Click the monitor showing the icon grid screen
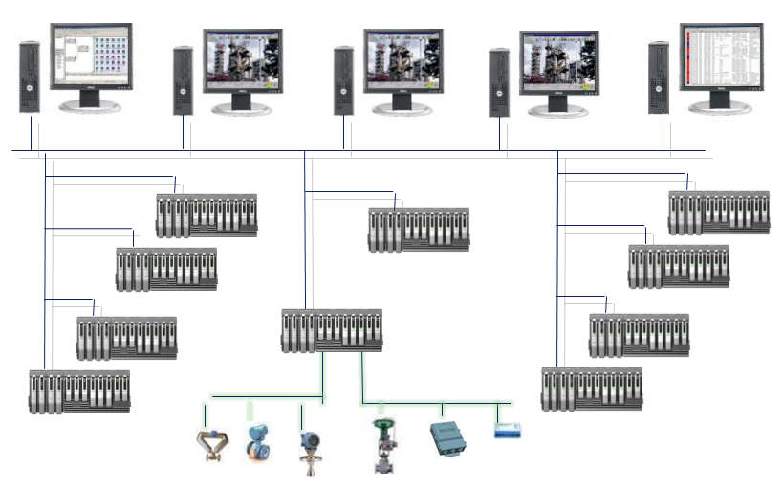click(92, 64)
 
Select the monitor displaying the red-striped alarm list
click(723, 58)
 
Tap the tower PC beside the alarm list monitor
click(659, 78)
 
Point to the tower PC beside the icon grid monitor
click(30, 77)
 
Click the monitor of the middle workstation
click(402, 64)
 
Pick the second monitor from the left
click(243, 65)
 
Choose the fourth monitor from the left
click(559, 65)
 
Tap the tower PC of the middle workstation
click(344, 82)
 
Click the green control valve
click(384, 444)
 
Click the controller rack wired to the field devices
click(332, 330)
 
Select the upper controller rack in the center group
click(419, 229)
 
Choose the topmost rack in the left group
click(207, 216)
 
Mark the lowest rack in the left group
click(78, 391)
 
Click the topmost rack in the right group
click(719, 212)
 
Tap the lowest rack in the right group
click(591, 389)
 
